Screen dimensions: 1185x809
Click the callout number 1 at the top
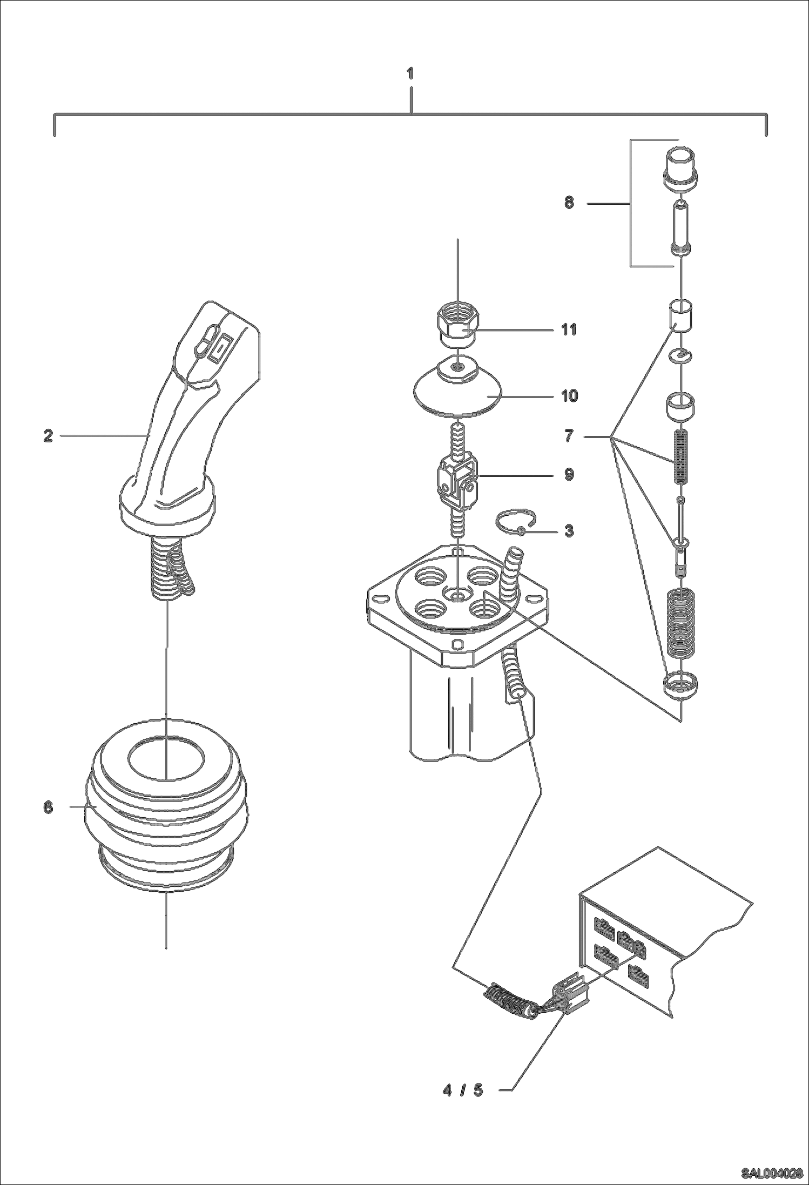410,74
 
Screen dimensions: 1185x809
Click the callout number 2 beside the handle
48,435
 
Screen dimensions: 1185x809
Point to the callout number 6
48,807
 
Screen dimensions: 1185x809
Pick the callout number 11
569,329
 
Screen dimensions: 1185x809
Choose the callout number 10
569,396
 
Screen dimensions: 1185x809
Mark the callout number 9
569,475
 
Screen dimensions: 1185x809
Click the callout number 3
569,531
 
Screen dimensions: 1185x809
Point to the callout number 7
569,435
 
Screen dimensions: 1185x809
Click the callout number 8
569,203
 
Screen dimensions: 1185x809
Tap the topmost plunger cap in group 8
680,169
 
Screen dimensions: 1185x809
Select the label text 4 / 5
463,1090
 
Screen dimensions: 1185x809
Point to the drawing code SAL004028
771,1172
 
